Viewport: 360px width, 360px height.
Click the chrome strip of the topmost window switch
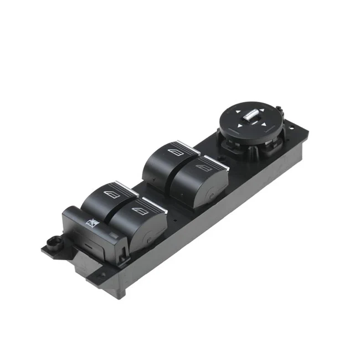click(189, 145)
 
